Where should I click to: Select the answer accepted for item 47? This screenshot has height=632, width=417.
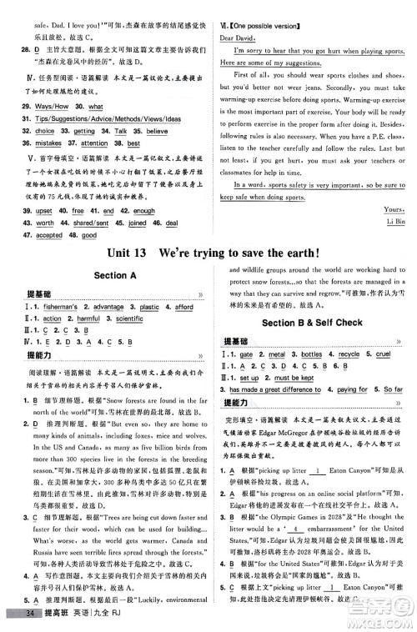[49, 235]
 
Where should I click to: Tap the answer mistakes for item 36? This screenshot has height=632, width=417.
[51, 143]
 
